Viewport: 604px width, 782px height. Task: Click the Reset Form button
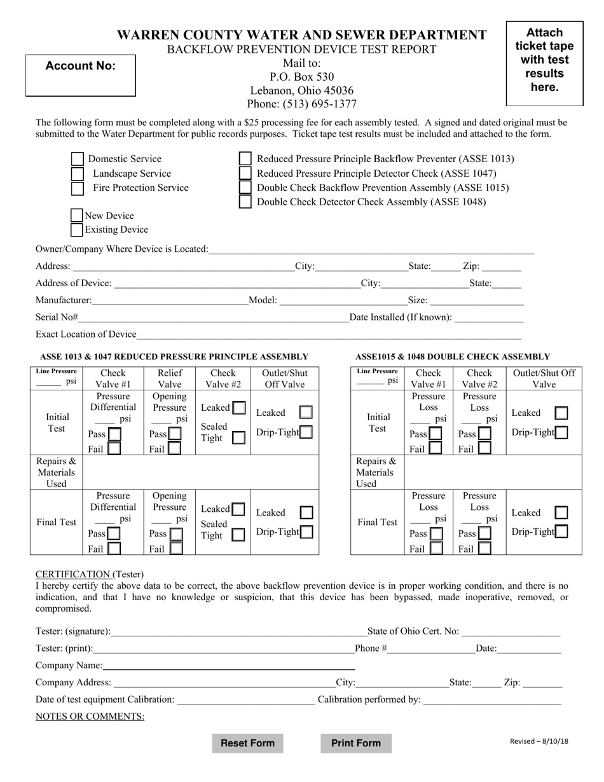pos(247,743)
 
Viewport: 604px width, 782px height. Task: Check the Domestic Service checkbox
pos(77,159)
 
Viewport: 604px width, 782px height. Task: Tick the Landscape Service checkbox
pos(77,174)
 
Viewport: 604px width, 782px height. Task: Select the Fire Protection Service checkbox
pos(77,188)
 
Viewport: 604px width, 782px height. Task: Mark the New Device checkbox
pos(77,216)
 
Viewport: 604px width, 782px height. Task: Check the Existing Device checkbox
pos(77,230)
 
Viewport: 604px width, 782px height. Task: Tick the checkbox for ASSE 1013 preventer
pos(245,159)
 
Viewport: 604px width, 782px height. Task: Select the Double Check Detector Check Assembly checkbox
pos(245,202)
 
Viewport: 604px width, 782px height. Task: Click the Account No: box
pos(80,75)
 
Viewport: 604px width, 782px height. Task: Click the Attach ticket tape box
pos(544,63)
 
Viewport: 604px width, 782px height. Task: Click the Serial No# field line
pos(213,317)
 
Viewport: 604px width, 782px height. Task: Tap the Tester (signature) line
pos(238,631)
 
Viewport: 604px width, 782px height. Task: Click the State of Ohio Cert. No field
pos(511,631)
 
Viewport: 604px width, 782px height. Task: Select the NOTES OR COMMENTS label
pos(90,717)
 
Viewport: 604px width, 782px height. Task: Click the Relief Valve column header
pos(170,378)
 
